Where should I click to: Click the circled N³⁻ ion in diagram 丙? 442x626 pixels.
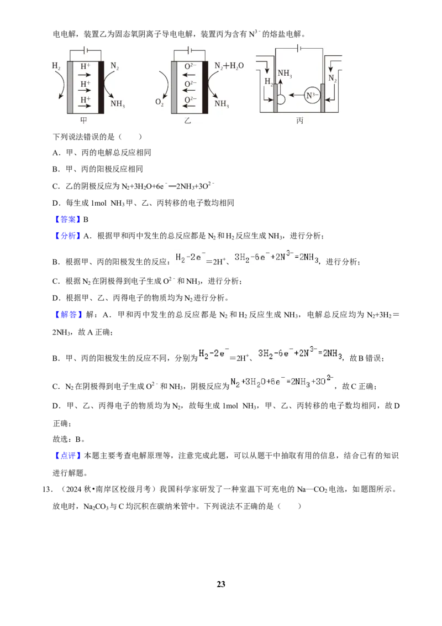312,96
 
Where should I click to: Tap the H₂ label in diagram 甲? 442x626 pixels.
56,66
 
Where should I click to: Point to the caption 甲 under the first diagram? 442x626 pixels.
84,120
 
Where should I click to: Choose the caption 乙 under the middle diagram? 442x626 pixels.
188,120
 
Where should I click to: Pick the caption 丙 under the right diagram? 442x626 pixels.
300,120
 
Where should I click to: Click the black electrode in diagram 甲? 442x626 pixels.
101,87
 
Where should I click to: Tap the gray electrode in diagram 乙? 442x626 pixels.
174,87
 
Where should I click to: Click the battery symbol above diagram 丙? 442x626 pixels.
299,49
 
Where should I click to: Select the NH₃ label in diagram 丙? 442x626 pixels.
285,74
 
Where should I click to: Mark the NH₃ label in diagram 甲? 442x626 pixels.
118,104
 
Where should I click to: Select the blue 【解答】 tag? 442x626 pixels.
67,315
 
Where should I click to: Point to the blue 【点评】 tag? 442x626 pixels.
67,456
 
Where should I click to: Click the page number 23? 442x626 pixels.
221,584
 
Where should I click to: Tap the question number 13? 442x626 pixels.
47,489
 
